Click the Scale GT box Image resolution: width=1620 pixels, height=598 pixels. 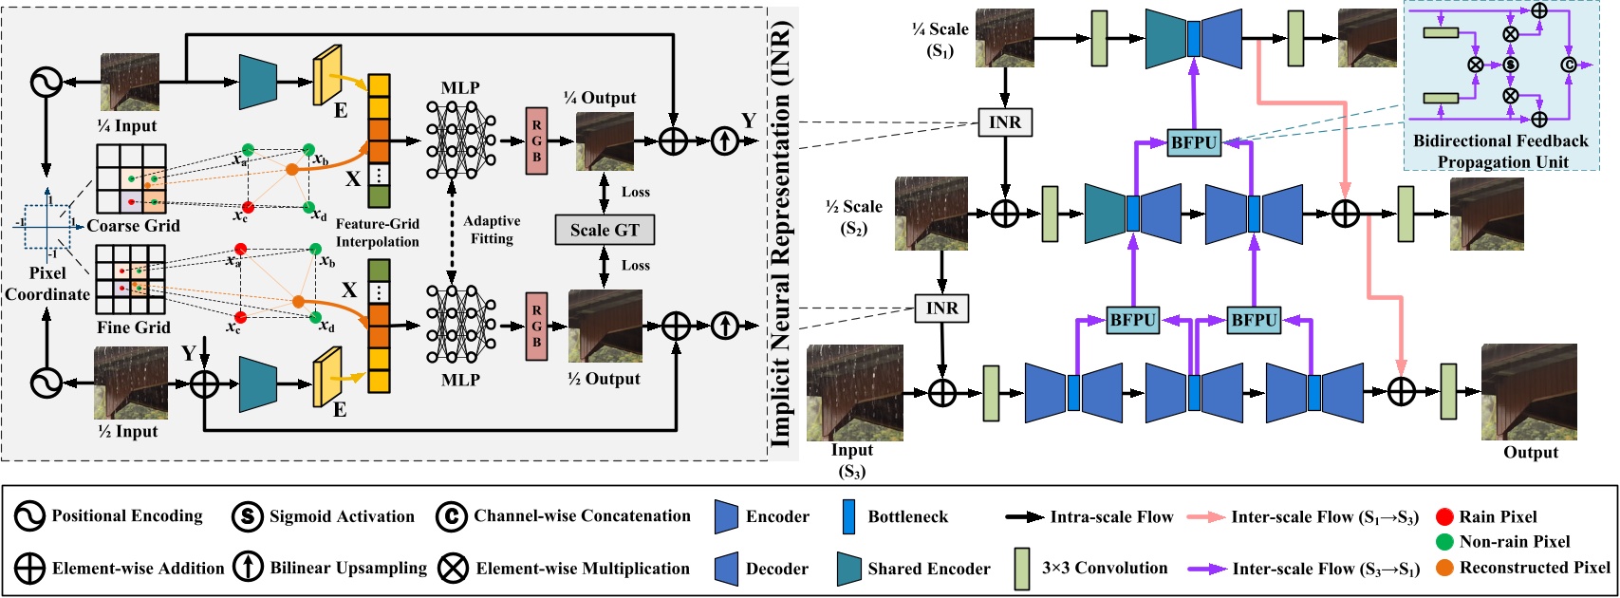(605, 230)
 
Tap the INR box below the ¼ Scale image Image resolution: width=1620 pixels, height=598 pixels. (1005, 122)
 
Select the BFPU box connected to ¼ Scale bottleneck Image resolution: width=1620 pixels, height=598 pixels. (1194, 143)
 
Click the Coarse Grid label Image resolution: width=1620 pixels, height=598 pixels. (133, 226)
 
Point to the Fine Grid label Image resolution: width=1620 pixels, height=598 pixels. (133, 327)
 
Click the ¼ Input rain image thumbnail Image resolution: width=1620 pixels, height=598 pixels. (130, 83)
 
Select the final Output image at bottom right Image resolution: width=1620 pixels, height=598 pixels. (1529, 392)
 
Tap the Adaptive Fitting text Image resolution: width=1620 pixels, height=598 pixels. (492, 230)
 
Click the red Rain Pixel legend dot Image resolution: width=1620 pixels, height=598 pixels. (1444, 517)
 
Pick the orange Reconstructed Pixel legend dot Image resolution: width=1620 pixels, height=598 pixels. (1444, 568)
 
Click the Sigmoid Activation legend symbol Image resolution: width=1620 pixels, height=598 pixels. (247, 517)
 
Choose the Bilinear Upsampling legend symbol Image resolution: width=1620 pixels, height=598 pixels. (247, 569)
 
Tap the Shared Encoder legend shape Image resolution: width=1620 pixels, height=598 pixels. (848, 569)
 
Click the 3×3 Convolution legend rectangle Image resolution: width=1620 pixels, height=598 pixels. (1021, 569)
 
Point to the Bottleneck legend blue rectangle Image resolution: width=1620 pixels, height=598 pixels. (848, 517)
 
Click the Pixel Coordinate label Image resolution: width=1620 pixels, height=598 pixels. (47, 284)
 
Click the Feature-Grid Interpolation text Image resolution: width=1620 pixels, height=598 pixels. (377, 233)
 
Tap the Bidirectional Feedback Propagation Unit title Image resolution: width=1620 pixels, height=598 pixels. (1500, 151)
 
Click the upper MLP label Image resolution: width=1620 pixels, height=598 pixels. (460, 88)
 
